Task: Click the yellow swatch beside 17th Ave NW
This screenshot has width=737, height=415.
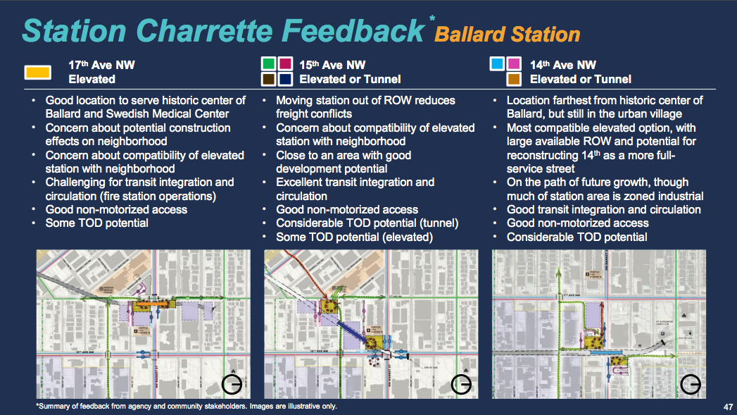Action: click(x=37, y=72)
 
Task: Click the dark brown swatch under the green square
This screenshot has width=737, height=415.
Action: click(x=268, y=80)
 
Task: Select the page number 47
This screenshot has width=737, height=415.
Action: click(x=727, y=407)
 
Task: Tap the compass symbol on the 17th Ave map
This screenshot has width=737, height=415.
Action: click(x=232, y=384)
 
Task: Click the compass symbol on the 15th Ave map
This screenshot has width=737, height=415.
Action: click(x=462, y=384)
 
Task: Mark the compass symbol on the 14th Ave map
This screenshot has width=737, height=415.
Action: click(x=691, y=384)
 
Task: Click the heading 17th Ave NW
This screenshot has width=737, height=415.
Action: click(x=101, y=65)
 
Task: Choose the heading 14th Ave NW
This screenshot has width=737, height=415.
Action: click(x=563, y=65)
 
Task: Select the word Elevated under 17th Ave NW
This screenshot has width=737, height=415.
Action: click(x=92, y=80)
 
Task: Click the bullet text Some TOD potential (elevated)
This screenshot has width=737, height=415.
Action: click(x=354, y=237)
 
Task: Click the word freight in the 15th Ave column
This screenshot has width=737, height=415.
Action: click(x=294, y=113)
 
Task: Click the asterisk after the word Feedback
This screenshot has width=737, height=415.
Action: click(x=432, y=18)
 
